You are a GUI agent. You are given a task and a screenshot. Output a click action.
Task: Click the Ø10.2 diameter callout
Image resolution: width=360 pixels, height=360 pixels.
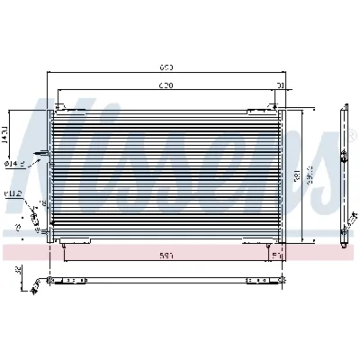click(12, 193)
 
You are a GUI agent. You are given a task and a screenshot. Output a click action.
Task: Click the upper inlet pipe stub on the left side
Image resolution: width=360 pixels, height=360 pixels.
click(40, 153)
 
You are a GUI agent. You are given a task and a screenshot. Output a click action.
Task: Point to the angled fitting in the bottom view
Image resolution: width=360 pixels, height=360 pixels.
click(37, 285)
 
